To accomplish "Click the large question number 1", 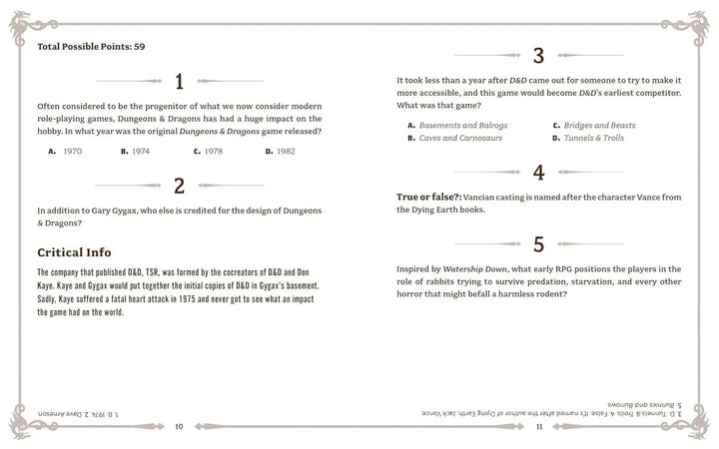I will [179, 82].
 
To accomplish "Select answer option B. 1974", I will [136, 151].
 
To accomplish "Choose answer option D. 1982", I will [281, 151].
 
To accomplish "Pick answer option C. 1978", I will [208, 151].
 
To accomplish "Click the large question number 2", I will [179, 185].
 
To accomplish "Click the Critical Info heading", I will [74, 252].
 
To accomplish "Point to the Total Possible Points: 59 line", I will [91, 47].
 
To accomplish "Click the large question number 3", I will [538, 56].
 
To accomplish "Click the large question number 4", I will [538, 172].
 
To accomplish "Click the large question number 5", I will [538, 243].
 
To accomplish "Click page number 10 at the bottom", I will [179, 426].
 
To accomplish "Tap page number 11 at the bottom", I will [538, 426].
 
